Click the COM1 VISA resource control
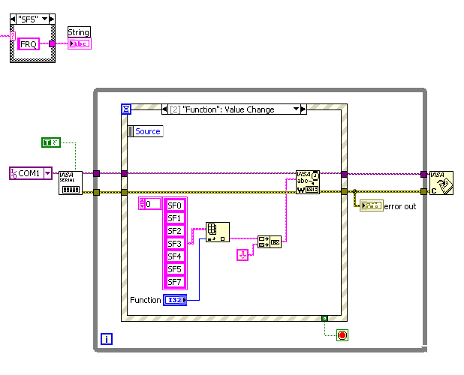pyautogui.click(x=31, y=173)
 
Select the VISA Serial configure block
pyautogui.click(x=71, y=183)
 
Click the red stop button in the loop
pyautogui.click(x=342, y=334)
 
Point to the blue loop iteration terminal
pyautogui.click(x=107, y=339)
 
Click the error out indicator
pyautogui.click(x=371, y=205)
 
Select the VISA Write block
pyautogui.click(x=308, y=181)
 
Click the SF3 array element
pyautogui.click(x=174, y=243)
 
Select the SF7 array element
pyautogui.click(x=174, y=281)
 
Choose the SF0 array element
pyautogui.click(x=174, y=205)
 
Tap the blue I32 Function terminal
pyautogui.click(x=177, y=300)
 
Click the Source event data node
pyautogui.click(x=145, y=131)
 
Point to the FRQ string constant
pyautogui.click(x=33, y=43)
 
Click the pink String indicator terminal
pyautogui.click(x=79, y=43)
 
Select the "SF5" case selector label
pyautogui.click(x=34, y=18)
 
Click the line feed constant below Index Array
pyautogui.click(x=243, y=255)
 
